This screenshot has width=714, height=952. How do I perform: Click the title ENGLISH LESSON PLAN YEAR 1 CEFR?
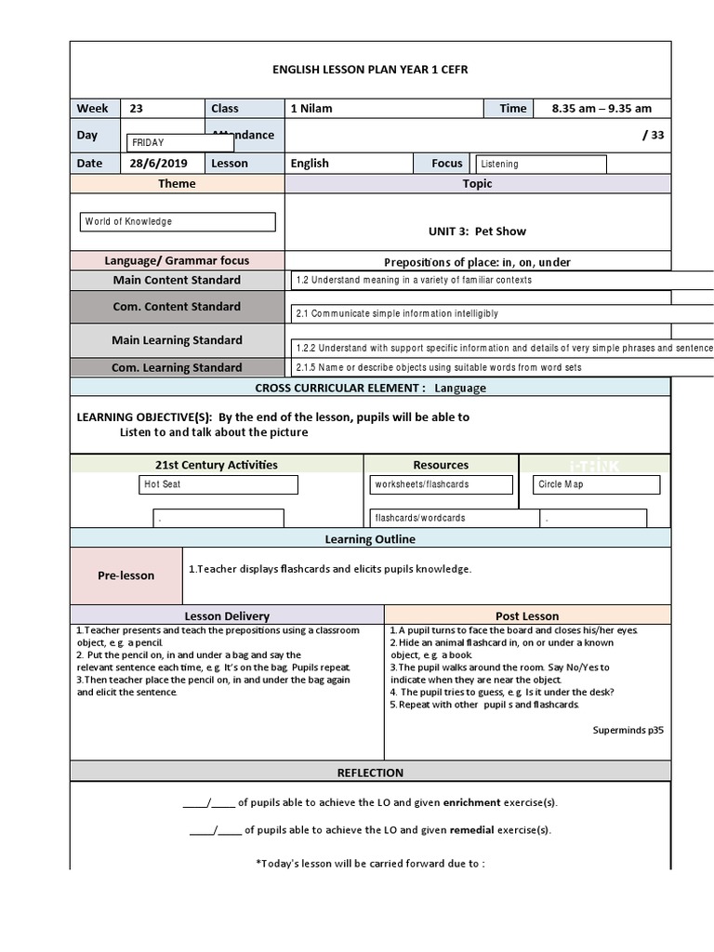click(370, 71)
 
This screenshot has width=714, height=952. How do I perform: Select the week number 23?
click(137, 109)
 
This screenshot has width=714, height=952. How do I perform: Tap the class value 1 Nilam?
click(311, 109)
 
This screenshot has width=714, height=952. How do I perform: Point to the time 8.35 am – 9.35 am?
click(602, 109)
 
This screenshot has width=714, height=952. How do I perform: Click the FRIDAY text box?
click(180, 143)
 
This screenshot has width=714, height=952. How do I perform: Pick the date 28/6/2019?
click(158, 164)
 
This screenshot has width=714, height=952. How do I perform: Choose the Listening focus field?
click(539, 165)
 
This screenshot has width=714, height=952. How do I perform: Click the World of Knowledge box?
click(178, 222)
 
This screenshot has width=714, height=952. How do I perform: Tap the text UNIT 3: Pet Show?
click(476, 231)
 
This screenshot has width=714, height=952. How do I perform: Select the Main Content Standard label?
click(177, 280)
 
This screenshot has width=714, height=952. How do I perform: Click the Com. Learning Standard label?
click(177, 367)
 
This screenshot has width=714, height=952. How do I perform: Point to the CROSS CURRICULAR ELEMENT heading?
click(370, 388)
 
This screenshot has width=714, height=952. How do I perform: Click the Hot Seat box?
click(218, 484)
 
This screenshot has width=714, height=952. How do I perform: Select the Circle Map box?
click(597, 484)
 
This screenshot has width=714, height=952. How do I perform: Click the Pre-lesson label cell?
click(126, 575)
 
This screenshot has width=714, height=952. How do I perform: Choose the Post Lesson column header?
click(527, 615)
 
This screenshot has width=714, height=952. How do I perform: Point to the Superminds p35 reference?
click(628, 730)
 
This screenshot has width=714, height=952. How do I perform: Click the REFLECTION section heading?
click(370, 773)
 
